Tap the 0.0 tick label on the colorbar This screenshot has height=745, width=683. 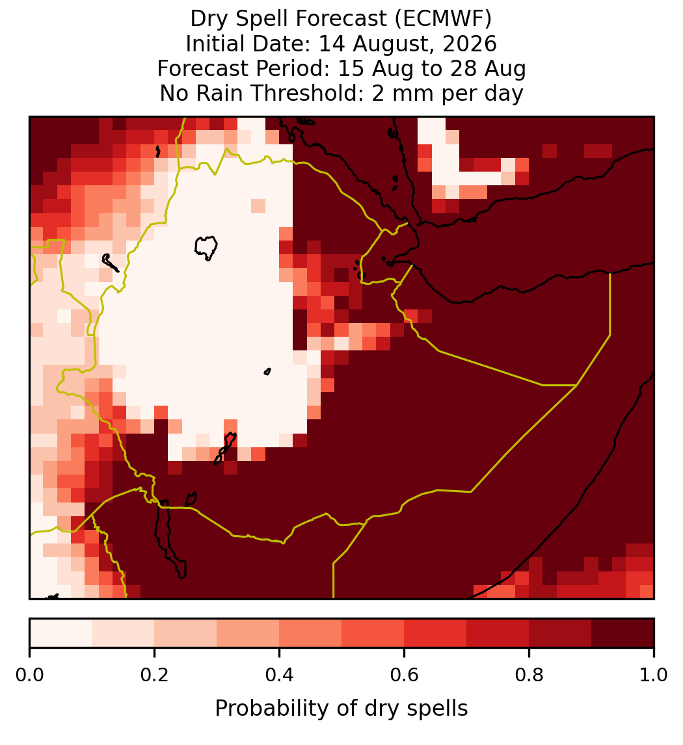pos(29,675)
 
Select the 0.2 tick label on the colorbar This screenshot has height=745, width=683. pos(154,675)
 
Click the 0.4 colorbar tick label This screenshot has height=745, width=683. pos(280,675)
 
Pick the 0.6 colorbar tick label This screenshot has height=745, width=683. pos(404,675)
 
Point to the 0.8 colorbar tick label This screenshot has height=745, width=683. pos(529,675)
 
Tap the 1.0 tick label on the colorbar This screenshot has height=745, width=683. pos(654,675)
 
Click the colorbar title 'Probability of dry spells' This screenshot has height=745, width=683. pos(341,709)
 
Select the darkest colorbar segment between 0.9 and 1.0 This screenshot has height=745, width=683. pos(623,633)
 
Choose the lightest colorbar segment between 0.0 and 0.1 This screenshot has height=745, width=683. pos(61,633)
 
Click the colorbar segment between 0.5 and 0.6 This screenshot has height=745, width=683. pos(373,633)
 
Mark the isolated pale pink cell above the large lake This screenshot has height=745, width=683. pos(258,205)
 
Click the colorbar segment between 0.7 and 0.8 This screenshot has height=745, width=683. pos(498,633)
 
